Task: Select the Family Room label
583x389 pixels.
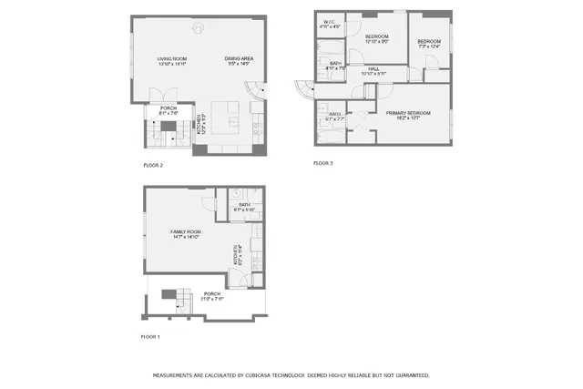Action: click(x=186, y=234)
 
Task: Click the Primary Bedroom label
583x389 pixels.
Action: click(x=407, y=115)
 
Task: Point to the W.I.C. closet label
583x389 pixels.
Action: click(x=330, y=24)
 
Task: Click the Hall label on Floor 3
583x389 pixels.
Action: click(x=373, y=70)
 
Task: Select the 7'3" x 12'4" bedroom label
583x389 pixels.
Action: click(x=428, y=44)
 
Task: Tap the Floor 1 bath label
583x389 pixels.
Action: click(x=244, y=207)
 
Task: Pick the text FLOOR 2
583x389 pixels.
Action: click(x=153, y=165)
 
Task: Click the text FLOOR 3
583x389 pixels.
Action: click(x=323, y=163)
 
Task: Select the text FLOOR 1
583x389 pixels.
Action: click(x=150, y=337)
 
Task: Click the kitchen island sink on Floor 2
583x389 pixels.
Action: click(x=231, y=119)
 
